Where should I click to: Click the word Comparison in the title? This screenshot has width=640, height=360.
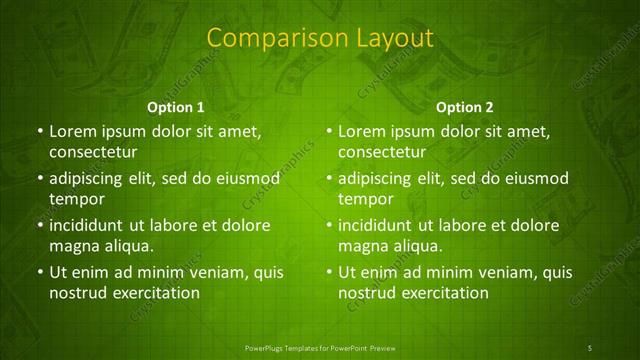267,38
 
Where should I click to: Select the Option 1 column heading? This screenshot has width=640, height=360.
176,106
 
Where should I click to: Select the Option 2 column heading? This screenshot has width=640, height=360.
465,106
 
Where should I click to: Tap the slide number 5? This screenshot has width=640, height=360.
589,347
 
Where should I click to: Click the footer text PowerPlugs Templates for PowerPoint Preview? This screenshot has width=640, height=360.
319,347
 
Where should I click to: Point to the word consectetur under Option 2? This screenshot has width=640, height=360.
383,152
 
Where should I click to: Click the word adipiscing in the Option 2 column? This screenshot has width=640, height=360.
381,178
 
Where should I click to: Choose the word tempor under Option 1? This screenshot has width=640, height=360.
73,199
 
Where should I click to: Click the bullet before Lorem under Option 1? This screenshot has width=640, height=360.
39,131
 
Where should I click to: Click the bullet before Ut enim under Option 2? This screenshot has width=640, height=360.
329,272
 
